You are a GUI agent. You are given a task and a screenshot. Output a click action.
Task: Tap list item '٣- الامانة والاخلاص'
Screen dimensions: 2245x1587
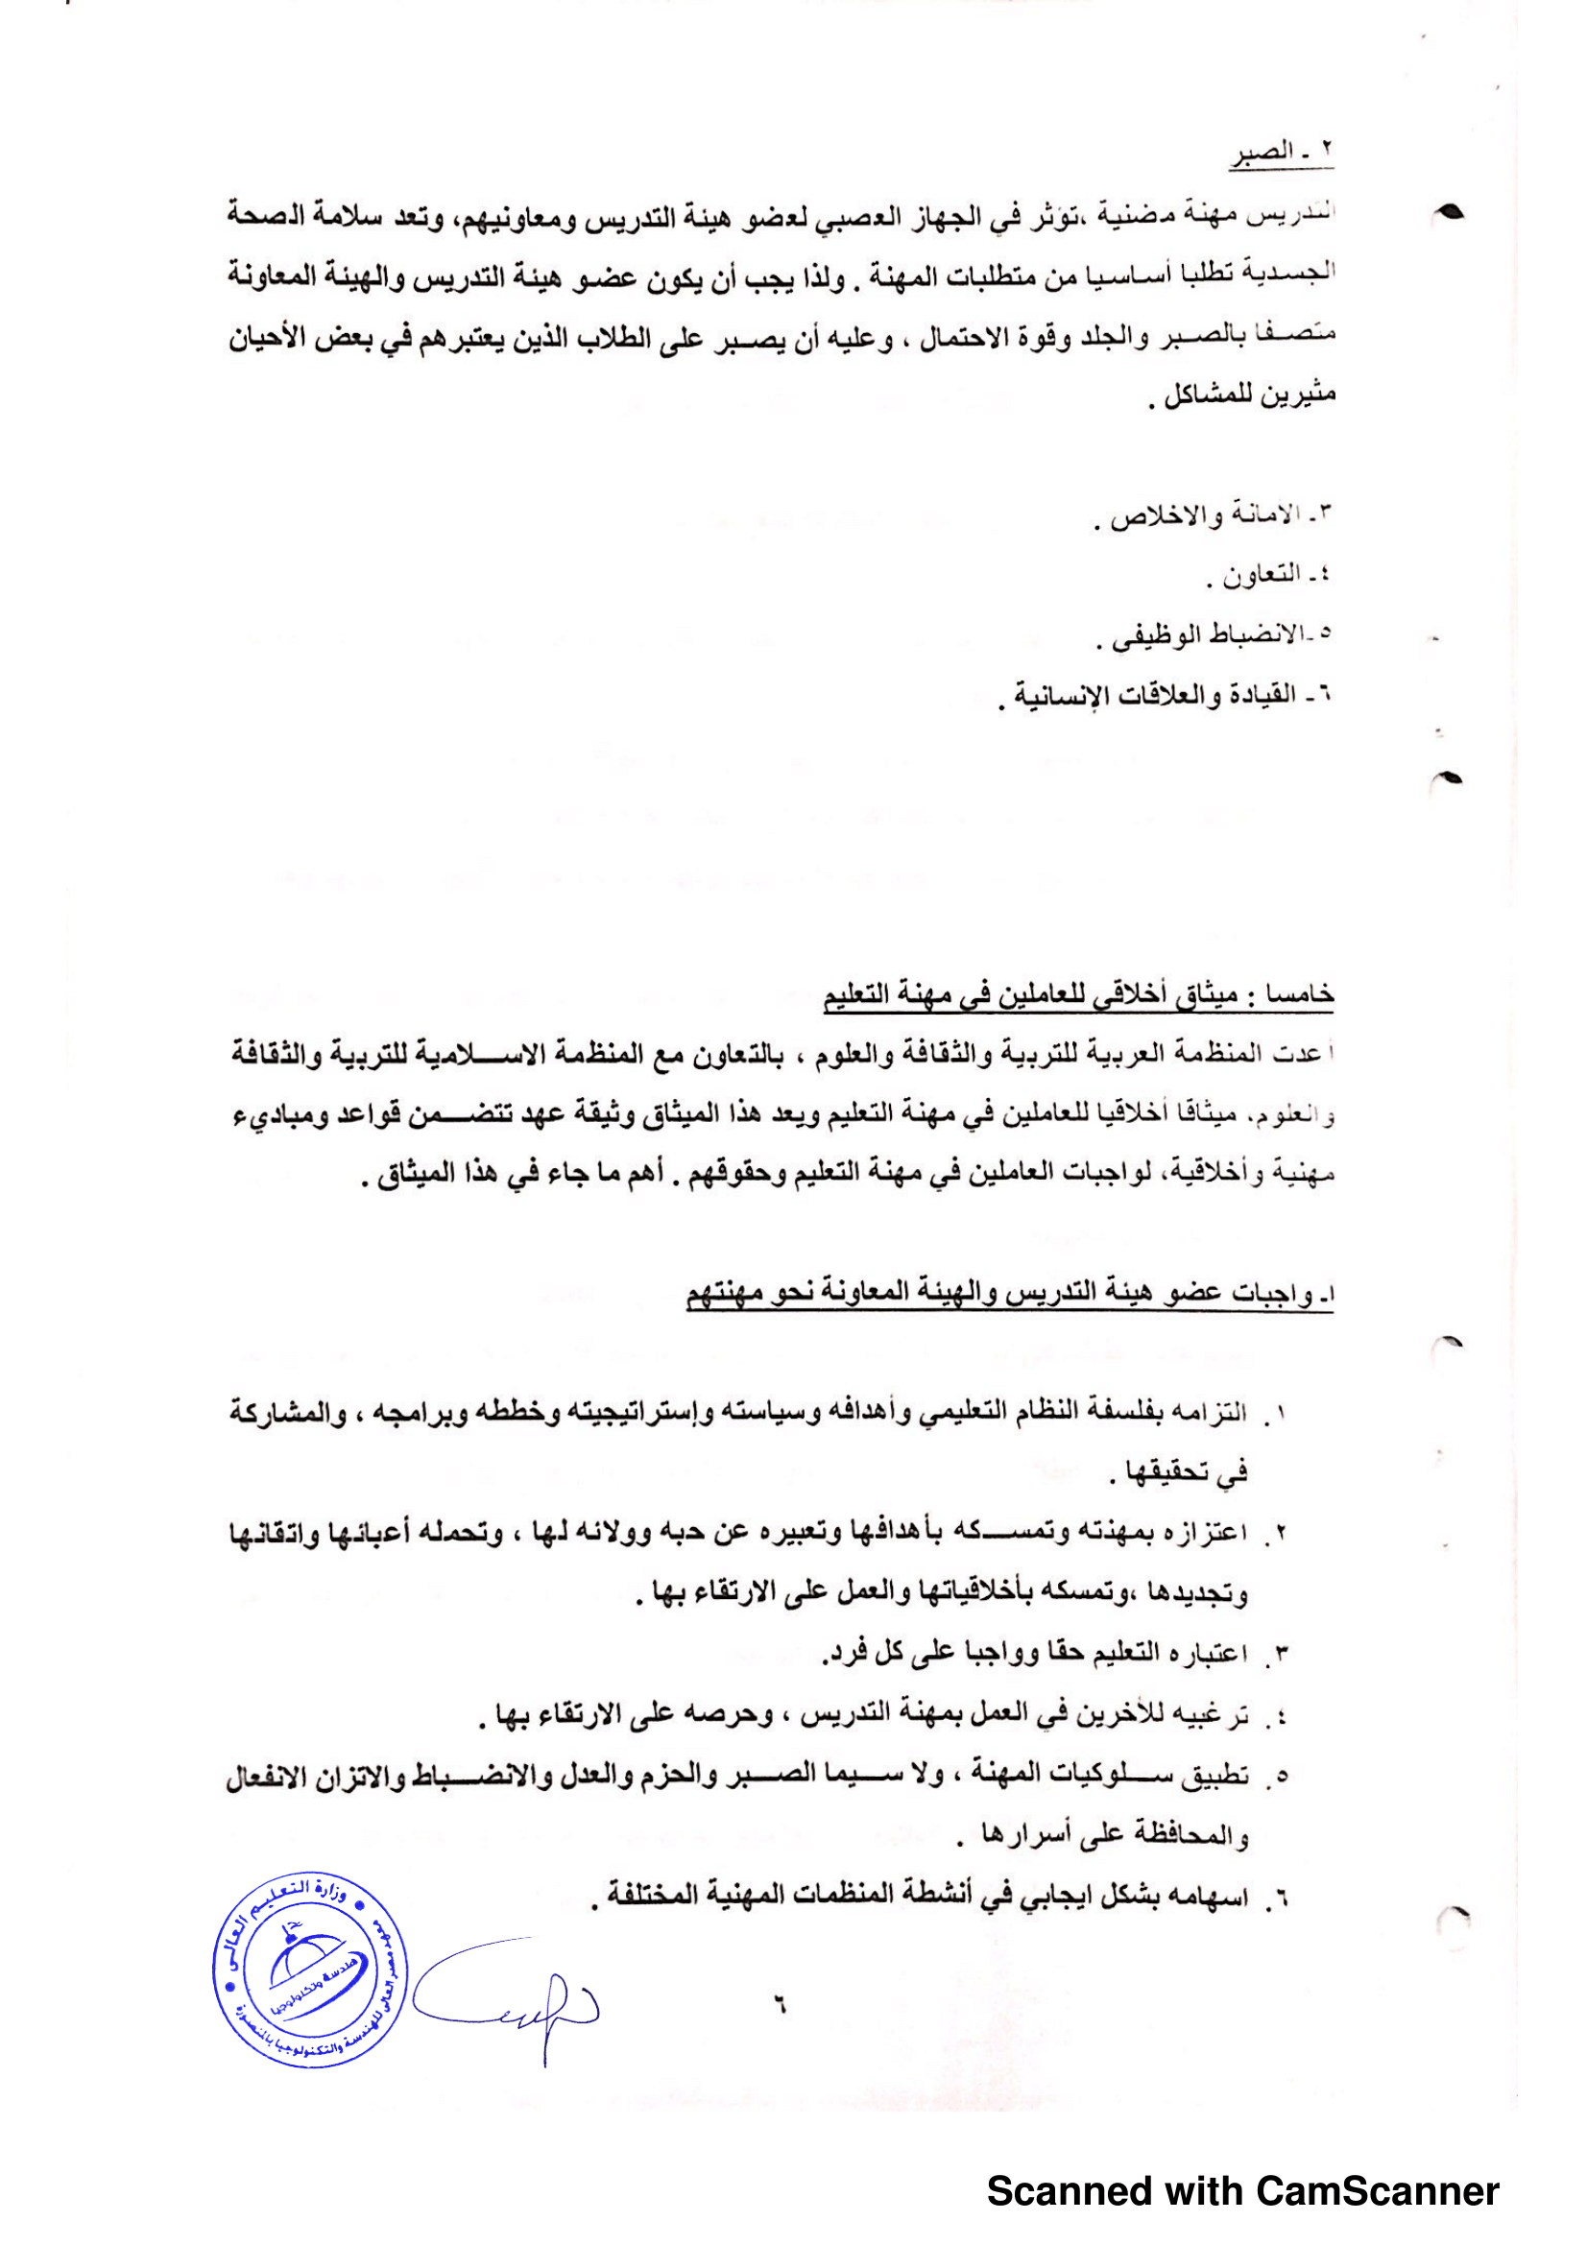1213,514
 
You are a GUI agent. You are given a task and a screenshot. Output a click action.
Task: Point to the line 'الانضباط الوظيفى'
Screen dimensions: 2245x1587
1213,635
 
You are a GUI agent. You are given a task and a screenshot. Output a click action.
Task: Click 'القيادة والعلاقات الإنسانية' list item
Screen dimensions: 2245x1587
1164,696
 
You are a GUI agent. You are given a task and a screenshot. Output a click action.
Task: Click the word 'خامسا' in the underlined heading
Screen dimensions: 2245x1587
1300,994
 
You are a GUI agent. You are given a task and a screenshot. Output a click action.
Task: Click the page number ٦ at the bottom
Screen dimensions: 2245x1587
781,2005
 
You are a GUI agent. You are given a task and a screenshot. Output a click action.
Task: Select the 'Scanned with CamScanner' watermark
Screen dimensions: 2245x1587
1241,2191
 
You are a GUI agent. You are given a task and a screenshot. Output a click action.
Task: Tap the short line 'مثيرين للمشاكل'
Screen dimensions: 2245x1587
1241,395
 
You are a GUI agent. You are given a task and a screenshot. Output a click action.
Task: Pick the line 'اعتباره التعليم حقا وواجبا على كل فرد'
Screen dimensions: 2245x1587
1037,1655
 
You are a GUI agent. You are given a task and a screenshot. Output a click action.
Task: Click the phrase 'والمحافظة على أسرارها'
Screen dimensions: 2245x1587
1105,1837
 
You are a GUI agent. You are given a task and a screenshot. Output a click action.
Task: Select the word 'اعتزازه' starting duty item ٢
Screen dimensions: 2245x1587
1209,1533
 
